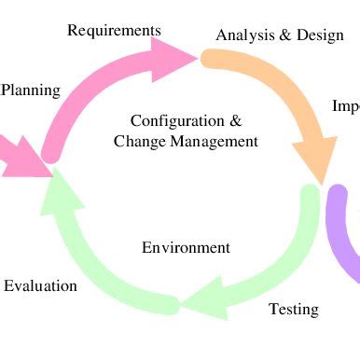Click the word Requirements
coord(114,31)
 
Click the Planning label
coord(31,90)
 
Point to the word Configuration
coord(177,121)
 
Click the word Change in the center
coord(136,142)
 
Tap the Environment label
coord(186,247)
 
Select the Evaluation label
coord(40,285)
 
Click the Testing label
coord(294,309)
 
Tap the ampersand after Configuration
coord(235,121)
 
